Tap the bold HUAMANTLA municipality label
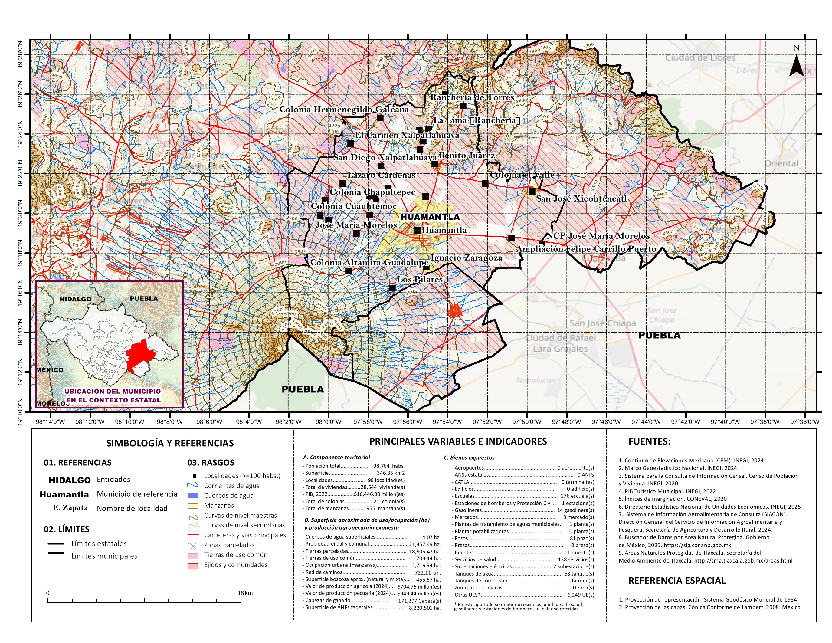[430, 217]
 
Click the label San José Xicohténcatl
[581, 198]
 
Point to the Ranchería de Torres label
[472, 97]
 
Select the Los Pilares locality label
[420, 279]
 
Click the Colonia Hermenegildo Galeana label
[344, 109]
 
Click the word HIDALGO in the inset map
[75, 299]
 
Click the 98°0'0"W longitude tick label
[328, 422]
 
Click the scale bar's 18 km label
[245, 593]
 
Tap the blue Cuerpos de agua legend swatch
[193, 496]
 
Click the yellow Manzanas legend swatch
[193, 506]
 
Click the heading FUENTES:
[649, 441]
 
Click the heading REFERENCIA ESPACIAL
[676, 581]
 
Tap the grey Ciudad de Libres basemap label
[700, 58]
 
